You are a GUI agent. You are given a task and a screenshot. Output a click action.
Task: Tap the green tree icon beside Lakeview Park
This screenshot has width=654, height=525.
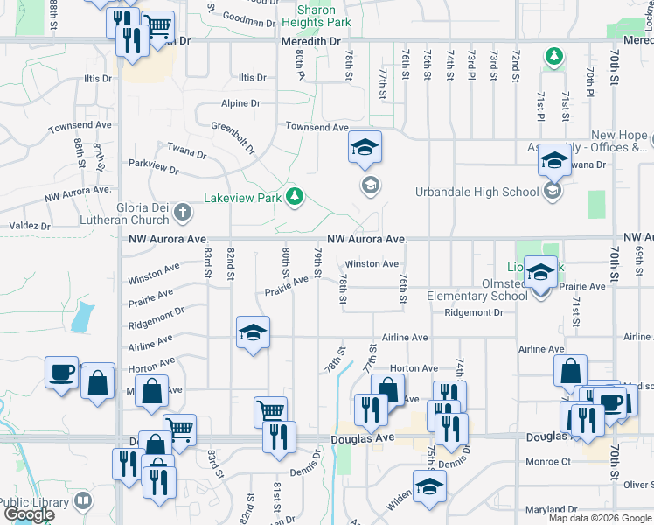coord(295,197)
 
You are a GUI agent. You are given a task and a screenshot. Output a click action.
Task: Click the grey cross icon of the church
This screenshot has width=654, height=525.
coord(183,211)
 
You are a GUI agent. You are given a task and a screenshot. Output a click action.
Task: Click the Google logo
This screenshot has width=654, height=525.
coord(29,514)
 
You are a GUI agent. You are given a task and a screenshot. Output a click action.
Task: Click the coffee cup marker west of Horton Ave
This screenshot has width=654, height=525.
coord(62,374)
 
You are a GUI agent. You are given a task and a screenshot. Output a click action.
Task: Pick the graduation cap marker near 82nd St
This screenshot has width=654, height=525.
coord(253,333)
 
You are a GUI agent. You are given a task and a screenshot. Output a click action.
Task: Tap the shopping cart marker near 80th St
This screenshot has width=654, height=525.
coord(270,411)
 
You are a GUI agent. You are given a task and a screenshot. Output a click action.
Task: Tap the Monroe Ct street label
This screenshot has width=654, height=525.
coord(548,461)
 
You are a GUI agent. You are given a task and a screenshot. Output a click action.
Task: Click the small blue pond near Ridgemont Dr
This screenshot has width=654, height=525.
coord(80,317)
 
